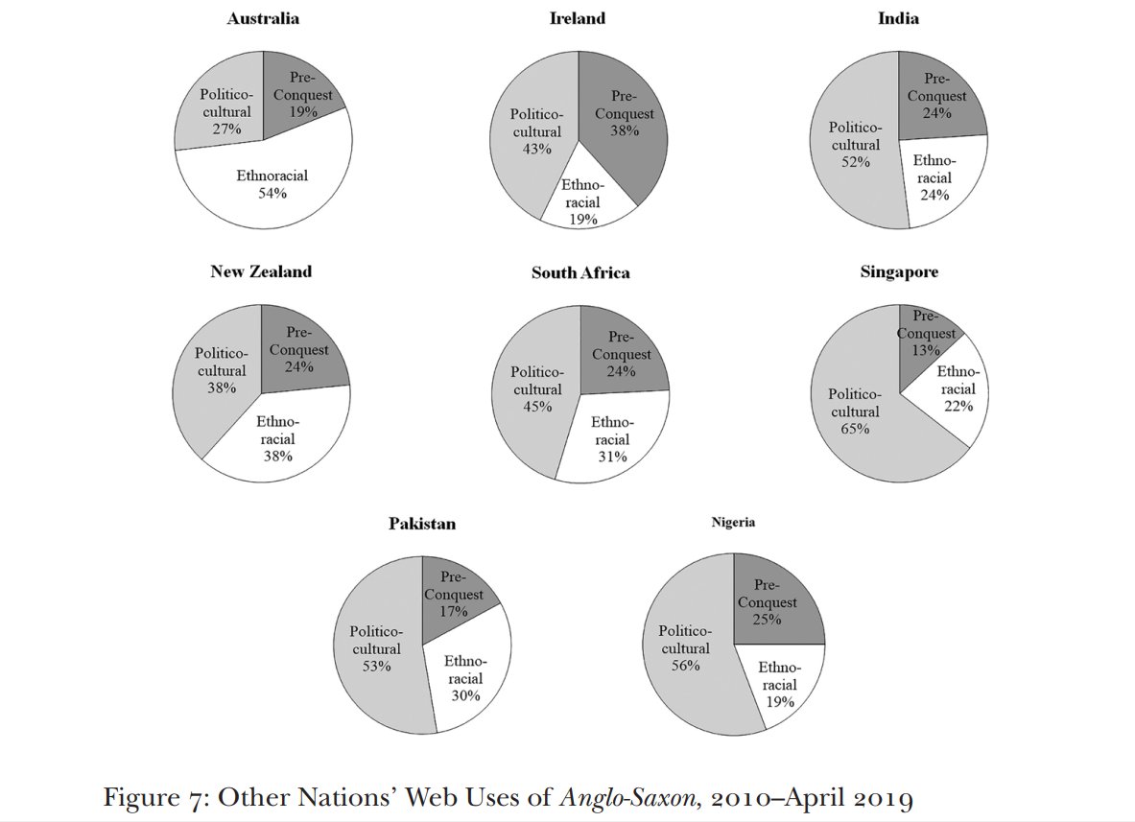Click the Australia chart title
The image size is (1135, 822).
(263, 18)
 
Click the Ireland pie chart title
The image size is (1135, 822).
(578, 18)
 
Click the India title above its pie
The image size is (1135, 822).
(898, 18)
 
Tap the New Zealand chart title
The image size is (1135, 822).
(261, 271)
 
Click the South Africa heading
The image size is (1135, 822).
(580, 272)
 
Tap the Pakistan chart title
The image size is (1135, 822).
(422, 524)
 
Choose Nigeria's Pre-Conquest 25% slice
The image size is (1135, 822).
(775, 602)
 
